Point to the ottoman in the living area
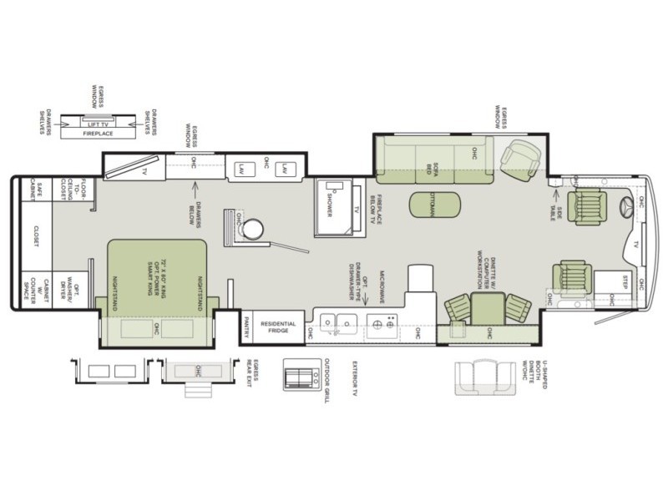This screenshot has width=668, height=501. pyautogui.click(x=433, y=204)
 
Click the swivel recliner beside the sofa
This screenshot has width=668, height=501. pyautogui.click(x=522, y=156)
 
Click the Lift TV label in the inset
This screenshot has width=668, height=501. pyautogui.click(x=99, y=124)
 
